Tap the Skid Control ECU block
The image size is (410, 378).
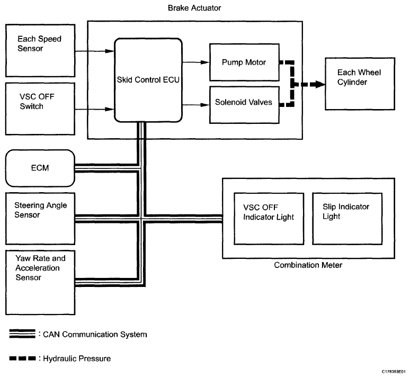coord(148,79)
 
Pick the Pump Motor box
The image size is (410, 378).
coord(244,62)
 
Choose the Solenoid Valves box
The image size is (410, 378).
coord(244,102)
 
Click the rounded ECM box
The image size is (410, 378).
coord(40,168)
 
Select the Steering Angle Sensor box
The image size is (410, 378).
coord(40,217)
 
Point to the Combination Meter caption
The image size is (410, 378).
coord(308,265)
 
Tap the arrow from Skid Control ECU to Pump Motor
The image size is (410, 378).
coord(196,62)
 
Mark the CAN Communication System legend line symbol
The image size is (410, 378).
coord(22,334)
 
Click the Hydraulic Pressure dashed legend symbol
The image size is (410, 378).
coord(22,358)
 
